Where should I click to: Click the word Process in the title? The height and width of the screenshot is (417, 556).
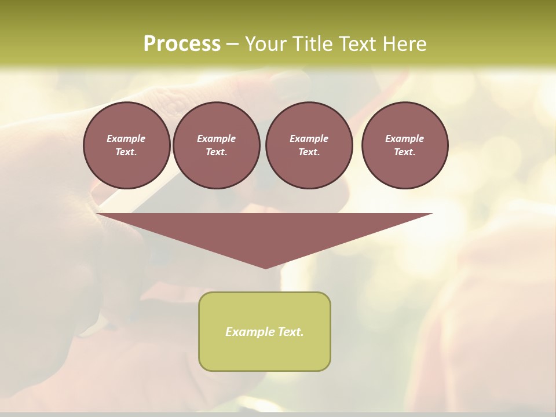click(182, 44)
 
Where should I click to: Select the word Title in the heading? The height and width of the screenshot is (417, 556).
click(312, 44)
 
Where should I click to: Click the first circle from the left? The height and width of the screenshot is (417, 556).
click(126, 145)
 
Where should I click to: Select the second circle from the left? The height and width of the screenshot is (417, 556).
click(216, 145)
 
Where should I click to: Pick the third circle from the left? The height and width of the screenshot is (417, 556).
click(309, 145)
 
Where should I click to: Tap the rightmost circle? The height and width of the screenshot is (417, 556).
click(405, 145)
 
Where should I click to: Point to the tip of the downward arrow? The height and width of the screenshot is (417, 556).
click(265, 268)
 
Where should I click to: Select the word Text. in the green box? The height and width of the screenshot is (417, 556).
click(290, 332)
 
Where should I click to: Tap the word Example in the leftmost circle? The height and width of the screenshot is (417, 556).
click(126, 138)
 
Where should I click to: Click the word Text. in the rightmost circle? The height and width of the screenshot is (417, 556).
click(405, 152)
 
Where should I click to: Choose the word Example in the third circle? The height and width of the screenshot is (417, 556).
click(309, 138)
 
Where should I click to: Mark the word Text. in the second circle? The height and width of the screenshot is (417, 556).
click(216, 152)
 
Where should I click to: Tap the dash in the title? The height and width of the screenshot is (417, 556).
click(232, 44)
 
